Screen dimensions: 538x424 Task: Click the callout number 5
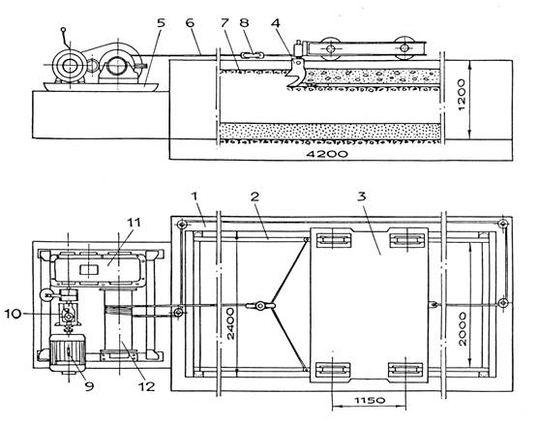(x=161, y=23)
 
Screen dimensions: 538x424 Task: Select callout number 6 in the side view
(x=190, y=23)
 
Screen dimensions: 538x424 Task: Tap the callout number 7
(x=224, y=23)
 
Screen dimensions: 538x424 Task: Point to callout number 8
(x=243, y=23)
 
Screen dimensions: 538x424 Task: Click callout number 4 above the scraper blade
(x=275, y=23)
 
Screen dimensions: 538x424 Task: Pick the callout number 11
(x=134, y=223)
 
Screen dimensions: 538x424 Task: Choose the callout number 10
(x=13, y=314)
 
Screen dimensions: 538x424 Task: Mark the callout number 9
(x=89, y=386)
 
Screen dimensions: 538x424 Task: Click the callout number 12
(x=146, y=386)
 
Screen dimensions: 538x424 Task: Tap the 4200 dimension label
(x=327, y=154)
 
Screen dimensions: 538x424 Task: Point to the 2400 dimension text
(x=230, y=323)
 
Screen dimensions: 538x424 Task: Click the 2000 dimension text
(x=463, y=329)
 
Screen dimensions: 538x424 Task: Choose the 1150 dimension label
(x=370, y=401)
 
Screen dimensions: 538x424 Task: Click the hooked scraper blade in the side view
(x=295, y=73)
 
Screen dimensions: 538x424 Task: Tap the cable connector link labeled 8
(x=253, y=55)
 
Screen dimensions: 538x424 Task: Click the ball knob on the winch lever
(x=63, y=30)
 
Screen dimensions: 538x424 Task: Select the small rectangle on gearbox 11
(x=89, y=269)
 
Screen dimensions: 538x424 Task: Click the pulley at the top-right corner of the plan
(x=503, y=224)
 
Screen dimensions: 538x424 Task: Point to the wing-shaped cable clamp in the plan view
(x=260, y=305)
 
